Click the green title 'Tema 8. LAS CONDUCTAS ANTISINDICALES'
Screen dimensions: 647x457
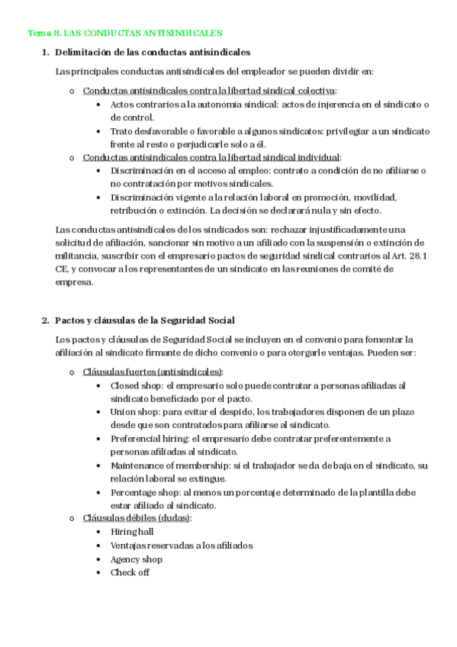pyautogui.click(x=125, y=34)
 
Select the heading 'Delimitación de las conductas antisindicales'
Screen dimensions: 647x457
pyautogui.click(x=153, y=52)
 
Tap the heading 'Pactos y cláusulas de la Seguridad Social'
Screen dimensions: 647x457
pyautogui.click(x=145, y=320)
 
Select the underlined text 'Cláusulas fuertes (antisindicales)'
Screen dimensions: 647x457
pyautogui.click(x=153, y=372)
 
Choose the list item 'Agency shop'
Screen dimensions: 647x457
pyautogui.click(x=137, y=559)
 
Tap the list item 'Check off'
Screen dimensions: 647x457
pyautogui.click(x=130, y=573)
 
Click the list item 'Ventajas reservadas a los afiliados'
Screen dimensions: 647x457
pyautogui.click(x=182, y=546)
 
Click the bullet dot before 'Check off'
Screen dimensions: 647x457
pyautogui.click(x=100, y=573)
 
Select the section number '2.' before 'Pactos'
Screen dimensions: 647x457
pyautogui.click(x=45, y=320)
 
